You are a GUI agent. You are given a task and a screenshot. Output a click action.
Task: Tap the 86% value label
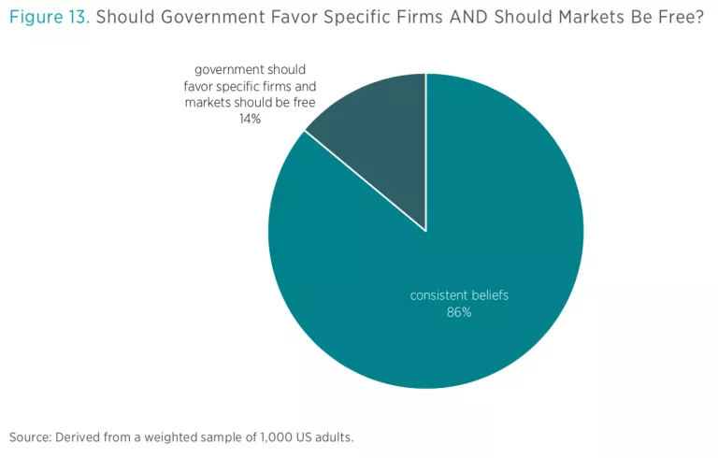point(459,312)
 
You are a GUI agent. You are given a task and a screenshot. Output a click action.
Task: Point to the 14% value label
point(250,119)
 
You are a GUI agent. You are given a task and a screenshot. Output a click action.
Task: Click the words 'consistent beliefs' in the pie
point(459,295)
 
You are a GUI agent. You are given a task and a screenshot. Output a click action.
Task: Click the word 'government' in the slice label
point(231,70)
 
